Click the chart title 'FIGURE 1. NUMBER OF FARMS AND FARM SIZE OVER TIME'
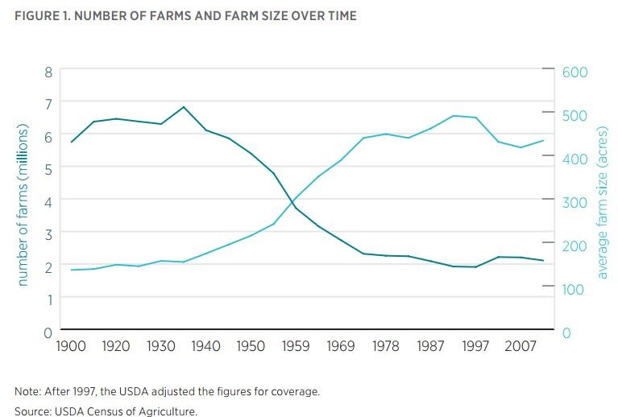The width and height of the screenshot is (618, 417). tap(185, 15)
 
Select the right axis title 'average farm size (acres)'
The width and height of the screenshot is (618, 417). tap(602, 203)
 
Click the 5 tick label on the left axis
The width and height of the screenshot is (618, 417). tap(48, 168)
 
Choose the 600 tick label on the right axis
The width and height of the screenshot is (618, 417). tap(576, 72)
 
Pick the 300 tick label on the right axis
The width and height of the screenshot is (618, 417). tap(576, 202)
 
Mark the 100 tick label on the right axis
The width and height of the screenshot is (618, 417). tap(576, 288)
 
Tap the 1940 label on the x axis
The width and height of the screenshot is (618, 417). tap(206, 346)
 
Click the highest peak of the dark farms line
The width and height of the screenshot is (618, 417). tap(184, 107)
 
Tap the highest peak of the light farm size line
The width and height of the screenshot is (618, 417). tap(454, 116)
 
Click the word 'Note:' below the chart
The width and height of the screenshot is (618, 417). tap(29, 392)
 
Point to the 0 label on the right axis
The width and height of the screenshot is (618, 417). tap(566, 332)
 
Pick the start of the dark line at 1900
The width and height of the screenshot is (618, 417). tap(72, 142)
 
